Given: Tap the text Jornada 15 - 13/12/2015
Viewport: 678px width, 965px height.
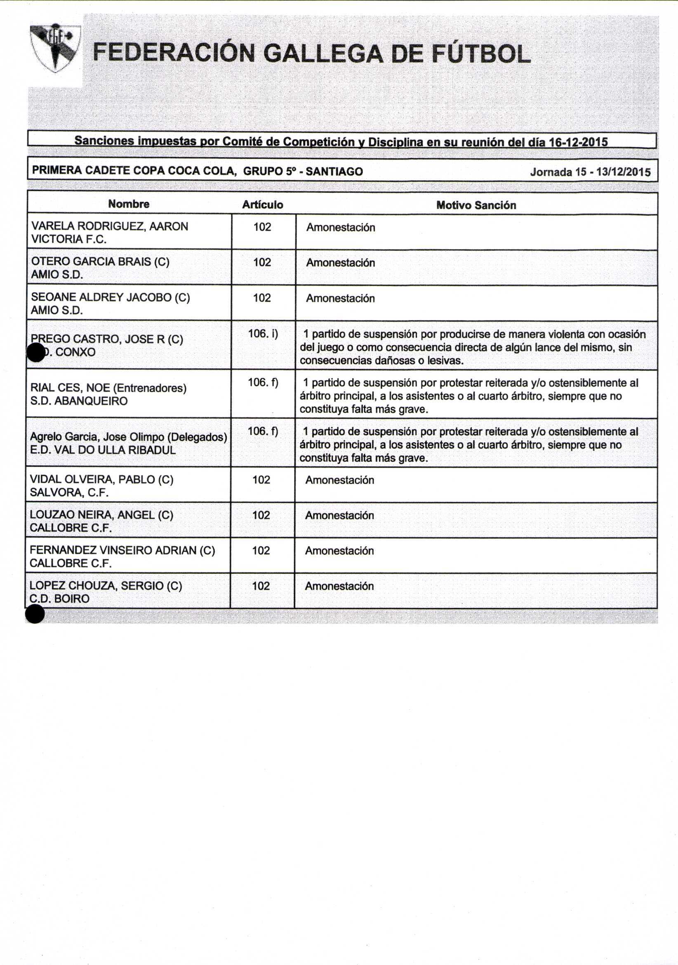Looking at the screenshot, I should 590,172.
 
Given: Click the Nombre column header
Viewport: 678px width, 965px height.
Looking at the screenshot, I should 129,204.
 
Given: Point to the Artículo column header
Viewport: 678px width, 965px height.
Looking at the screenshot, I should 262,205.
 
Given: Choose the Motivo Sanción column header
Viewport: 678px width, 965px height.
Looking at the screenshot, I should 476,205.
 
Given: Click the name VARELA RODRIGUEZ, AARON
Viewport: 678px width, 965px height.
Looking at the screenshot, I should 110,226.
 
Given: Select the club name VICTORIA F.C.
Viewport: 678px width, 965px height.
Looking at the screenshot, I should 69,239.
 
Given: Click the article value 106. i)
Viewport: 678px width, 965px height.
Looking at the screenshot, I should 263,334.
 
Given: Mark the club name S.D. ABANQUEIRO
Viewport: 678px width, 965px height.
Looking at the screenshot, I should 79,400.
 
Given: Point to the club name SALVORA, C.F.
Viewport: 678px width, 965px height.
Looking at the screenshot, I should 69,492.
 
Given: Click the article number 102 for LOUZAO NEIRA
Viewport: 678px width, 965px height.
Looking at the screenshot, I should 261,515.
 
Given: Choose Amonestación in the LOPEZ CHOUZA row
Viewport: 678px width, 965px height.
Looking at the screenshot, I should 339,586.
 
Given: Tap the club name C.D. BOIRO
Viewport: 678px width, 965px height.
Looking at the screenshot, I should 59,598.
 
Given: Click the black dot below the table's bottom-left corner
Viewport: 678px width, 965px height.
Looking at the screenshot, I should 35,614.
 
